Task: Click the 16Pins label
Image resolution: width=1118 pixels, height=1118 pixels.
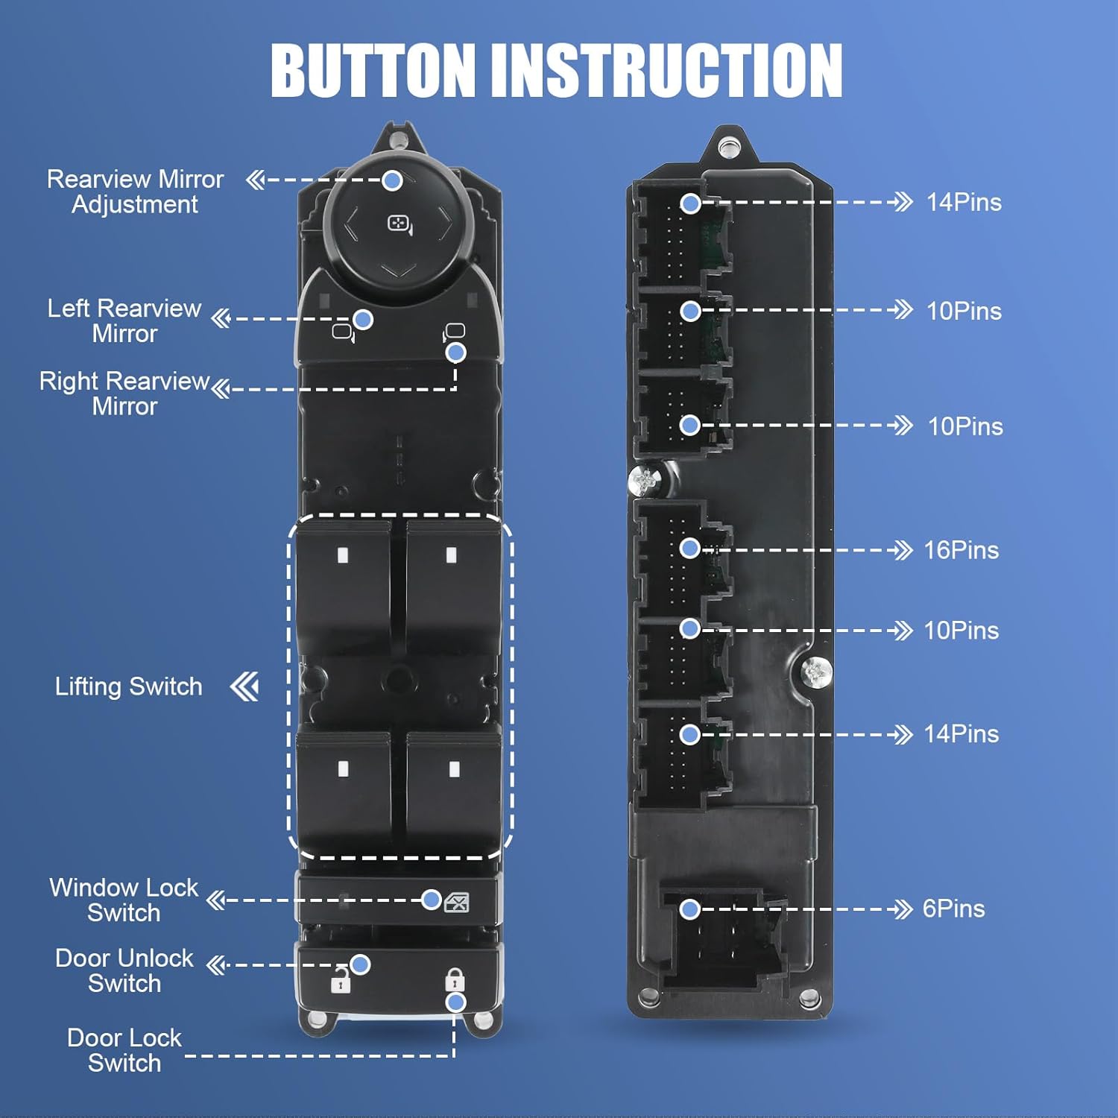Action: tap(961, 550)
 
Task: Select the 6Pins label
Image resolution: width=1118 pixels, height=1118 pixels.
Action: tap(953, 909)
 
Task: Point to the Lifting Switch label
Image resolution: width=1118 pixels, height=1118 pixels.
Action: tap(128, 686)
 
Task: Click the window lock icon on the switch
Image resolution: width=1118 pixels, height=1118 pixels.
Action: tap(456, 903)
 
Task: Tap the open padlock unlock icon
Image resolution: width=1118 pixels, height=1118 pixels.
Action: tap(341, 982)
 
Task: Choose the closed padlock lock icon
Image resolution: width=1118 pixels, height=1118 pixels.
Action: tap(455, 979)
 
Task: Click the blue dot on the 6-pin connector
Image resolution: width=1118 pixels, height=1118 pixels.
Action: tap(690, 909)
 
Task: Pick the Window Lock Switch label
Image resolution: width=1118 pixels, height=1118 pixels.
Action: tap(124, 900)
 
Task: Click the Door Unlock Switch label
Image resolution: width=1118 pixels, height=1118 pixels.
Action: tap(124, 970)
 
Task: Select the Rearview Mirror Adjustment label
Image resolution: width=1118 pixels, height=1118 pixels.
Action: tap(135, 192)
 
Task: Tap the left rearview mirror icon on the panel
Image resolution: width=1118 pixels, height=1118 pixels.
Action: tap(344, 332)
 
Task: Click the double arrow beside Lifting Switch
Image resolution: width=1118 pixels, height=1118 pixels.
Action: tap(245, 686)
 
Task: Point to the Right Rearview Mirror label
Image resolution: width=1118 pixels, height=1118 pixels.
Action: tap(124, 394)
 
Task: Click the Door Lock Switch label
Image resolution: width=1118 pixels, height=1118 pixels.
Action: tap(124, 1050)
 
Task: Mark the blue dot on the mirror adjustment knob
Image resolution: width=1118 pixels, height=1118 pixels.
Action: tap(393, 180)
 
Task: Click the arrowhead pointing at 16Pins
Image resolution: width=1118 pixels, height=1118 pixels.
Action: tap(903, 551)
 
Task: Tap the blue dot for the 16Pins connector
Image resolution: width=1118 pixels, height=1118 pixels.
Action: tap(690, 549)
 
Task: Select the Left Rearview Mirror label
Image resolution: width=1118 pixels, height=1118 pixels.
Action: tap(124, 320)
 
